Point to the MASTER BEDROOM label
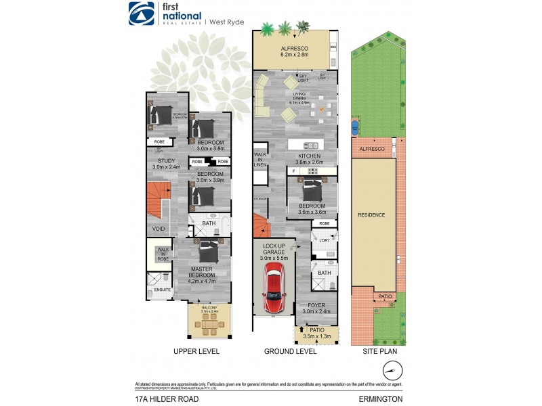coord(201,272)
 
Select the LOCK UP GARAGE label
coord(274,251)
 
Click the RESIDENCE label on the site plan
coord(372,215)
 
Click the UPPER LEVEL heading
coord(197,352)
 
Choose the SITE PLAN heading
coord(379,352)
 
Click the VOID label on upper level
coord(158,229)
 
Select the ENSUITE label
coord(163,290)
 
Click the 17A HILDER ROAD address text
coord(165,399)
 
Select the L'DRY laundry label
coord(325,240)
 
